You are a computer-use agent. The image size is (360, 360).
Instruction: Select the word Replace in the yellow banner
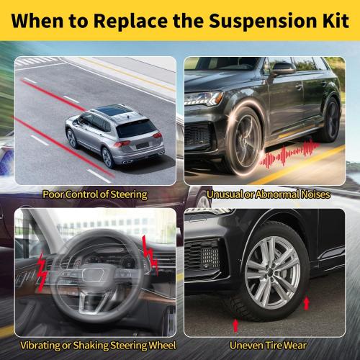point(131,21)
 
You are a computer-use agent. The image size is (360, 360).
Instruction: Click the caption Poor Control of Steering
point(95,194)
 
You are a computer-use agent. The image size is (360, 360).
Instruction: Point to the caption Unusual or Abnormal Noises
point(269,194)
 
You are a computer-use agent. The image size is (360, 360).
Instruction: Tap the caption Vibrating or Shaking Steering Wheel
point(98,346)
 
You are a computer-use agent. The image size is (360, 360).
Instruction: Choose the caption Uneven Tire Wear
point(269,346)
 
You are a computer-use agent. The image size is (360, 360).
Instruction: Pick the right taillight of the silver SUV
point(158,135)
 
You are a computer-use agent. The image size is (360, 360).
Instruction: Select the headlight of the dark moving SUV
point(204,99)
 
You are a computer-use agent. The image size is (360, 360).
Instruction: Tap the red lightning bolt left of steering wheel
point(42,271)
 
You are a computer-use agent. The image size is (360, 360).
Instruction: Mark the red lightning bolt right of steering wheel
point(150,255)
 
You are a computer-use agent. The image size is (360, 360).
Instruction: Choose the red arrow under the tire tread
point(235,325)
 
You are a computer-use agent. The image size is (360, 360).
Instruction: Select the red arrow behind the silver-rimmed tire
point(306,303)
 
